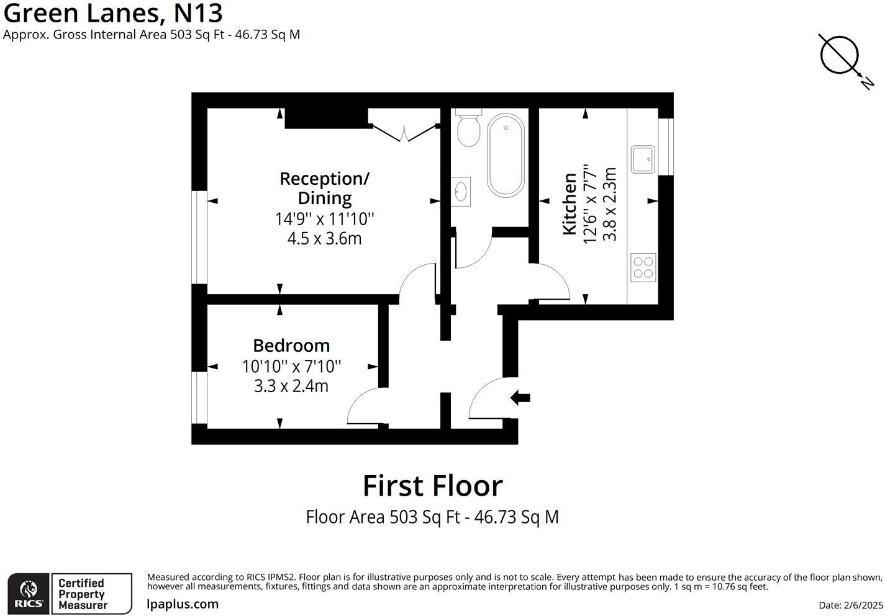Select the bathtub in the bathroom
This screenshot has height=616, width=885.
506,156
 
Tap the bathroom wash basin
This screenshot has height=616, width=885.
461,192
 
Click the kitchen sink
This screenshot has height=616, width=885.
643,159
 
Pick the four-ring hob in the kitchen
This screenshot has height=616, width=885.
643,267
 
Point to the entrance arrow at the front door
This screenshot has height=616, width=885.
520,398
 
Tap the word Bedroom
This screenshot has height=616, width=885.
291,346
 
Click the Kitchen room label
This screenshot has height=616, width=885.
569,205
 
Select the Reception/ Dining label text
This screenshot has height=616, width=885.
324,188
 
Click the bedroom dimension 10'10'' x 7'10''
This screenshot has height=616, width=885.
291,367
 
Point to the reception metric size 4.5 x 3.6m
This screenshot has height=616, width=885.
324,239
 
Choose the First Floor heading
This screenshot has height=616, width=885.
432,486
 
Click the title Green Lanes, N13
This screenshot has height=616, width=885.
113,13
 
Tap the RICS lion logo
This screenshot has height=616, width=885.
29,594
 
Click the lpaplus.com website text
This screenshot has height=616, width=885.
183,604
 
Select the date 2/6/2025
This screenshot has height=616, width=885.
850,605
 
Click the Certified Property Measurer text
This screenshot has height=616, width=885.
82,594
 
